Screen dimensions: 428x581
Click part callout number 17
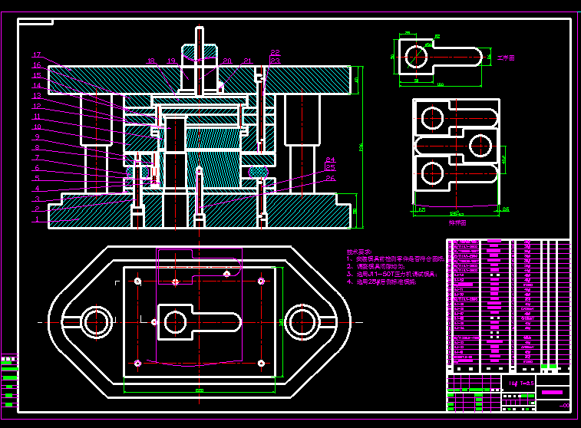pos(36,55)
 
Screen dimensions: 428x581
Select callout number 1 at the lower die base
pos(36,219)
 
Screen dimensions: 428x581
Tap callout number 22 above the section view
pos(275,53)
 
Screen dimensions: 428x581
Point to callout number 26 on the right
pos(331,178)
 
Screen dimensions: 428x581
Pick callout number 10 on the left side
pos(36,127)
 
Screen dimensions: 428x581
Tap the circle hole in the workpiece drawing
pos(416,56)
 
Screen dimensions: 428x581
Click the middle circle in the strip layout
pos(479,145)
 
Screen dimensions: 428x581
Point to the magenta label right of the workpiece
pos(505,58)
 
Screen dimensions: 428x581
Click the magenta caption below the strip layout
pos(457,222)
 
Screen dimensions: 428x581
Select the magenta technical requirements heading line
pos(358,252)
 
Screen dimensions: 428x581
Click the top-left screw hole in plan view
pos(137,281)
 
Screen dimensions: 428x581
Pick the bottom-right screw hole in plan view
pos(261,362)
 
